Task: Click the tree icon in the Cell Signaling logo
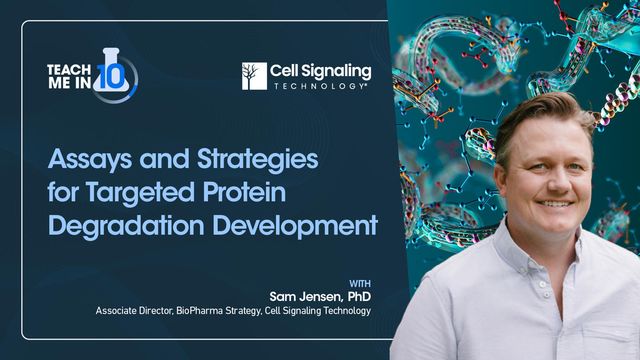coord(254,76)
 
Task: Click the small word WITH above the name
coord(361,282)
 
